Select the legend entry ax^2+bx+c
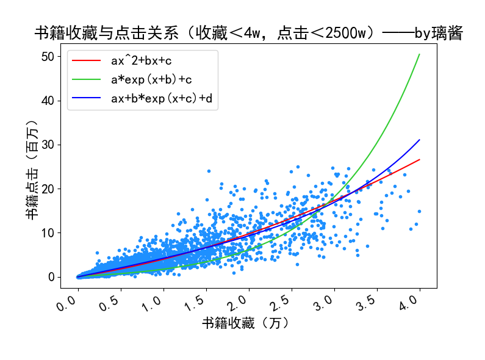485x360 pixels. point(141,61)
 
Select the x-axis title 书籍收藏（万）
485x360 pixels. point(245,323)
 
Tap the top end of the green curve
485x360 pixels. point(420,54)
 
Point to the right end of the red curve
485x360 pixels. point(420,159)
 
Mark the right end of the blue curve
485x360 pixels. point(420,140)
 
